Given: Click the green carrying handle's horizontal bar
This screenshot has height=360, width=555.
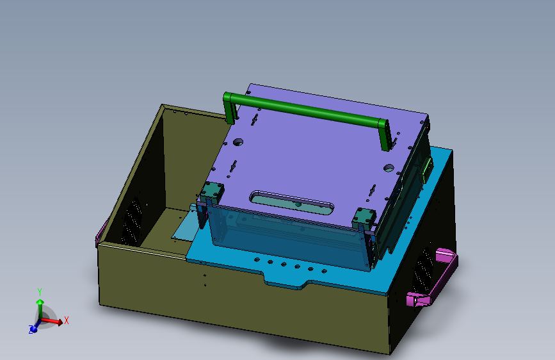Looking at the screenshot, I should click(307, 110).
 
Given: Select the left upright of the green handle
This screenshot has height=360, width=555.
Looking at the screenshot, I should click(229, 108).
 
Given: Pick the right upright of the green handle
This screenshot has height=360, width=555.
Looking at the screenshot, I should click(383, 135).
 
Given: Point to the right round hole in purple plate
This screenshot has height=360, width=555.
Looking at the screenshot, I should click(389, 168).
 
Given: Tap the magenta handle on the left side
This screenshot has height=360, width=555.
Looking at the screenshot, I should click(99, 233).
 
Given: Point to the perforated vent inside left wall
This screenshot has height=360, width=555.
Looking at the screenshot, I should click(132, 222).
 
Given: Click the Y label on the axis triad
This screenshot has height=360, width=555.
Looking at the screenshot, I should click(40, 292).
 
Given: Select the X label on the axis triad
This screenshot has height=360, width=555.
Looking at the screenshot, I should click(66, 320).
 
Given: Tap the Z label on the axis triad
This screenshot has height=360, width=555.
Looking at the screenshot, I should click(31, 330).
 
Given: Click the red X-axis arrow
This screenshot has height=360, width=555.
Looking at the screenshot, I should click(54, 322).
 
